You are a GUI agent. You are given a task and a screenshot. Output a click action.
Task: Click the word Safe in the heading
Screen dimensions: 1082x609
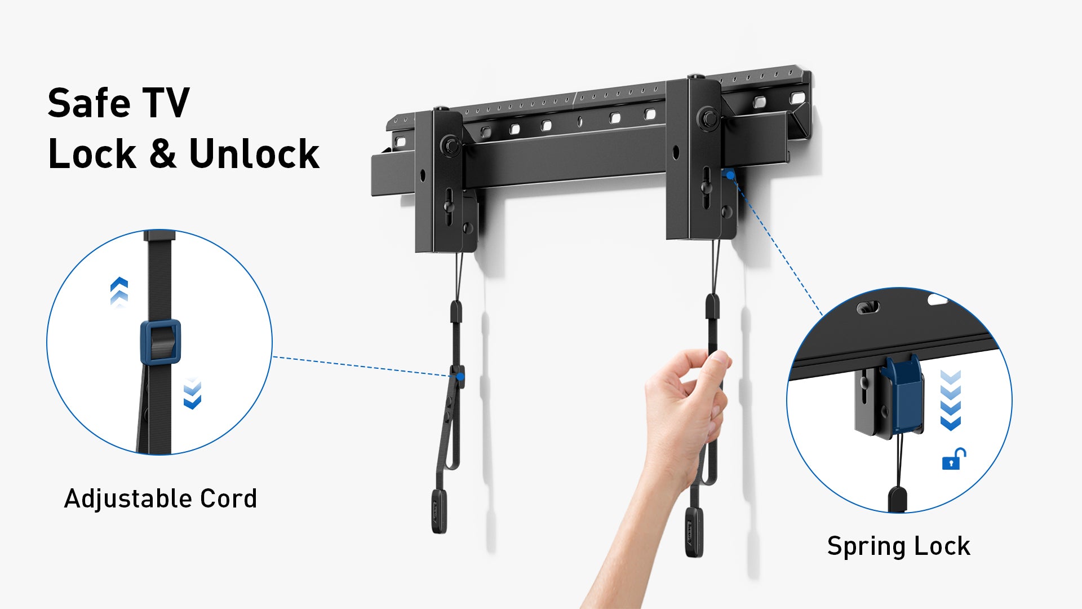[x=89, y=103]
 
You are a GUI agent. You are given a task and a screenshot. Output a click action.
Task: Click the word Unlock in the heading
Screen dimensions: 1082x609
[x=254, y=153]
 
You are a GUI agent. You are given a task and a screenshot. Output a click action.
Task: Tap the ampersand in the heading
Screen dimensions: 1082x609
[x=163, y=154]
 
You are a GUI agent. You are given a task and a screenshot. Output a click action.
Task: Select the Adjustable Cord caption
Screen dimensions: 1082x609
[x=161, y=499]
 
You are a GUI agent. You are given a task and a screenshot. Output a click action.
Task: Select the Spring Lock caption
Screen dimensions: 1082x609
[x=899, y=546]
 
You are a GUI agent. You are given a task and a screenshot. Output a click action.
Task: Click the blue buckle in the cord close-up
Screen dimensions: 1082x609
[x=161, y=342]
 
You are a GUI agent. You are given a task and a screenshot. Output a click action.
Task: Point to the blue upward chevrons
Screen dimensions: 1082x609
[x=119, y=292]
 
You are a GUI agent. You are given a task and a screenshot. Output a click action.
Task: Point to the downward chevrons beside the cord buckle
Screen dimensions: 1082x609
[x=192, y=393]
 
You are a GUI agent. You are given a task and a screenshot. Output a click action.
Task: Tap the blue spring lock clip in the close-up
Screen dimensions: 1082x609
[x=902, y=395]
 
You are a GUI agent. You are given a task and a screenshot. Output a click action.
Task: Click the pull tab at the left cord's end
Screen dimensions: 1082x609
[x=439, y=511]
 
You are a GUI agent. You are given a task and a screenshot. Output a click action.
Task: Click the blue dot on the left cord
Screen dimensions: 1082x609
[x=460, y=376]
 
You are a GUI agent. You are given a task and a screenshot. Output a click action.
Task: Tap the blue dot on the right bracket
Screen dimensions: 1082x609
[x=730, y=176]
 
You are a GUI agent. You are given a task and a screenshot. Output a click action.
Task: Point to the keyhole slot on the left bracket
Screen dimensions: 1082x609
[x=449, y=202]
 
